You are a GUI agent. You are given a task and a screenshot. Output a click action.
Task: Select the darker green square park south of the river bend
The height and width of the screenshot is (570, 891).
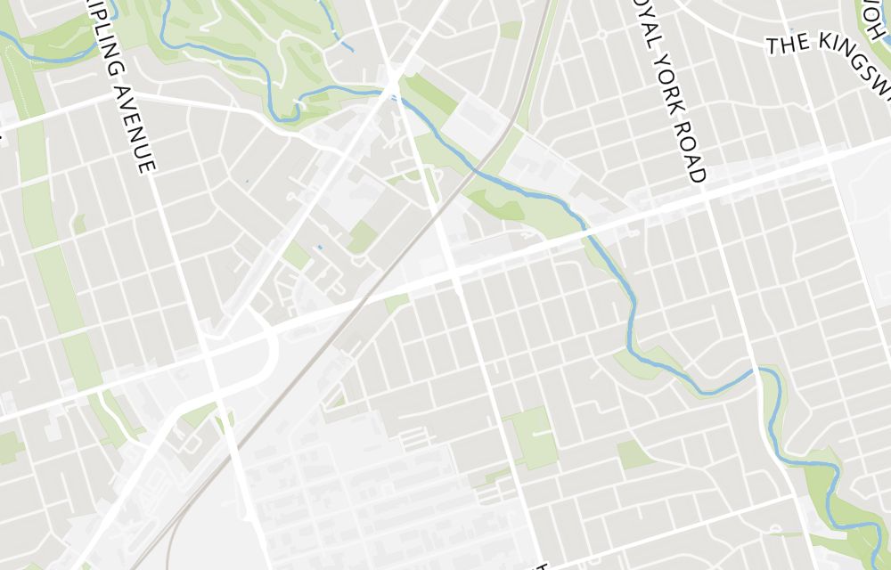pos(634,454)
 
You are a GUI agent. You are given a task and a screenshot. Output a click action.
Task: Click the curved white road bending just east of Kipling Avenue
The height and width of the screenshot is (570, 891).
pos(268,352)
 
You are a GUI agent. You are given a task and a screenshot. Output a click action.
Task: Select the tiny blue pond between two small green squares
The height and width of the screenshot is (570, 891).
pos(319,246)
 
